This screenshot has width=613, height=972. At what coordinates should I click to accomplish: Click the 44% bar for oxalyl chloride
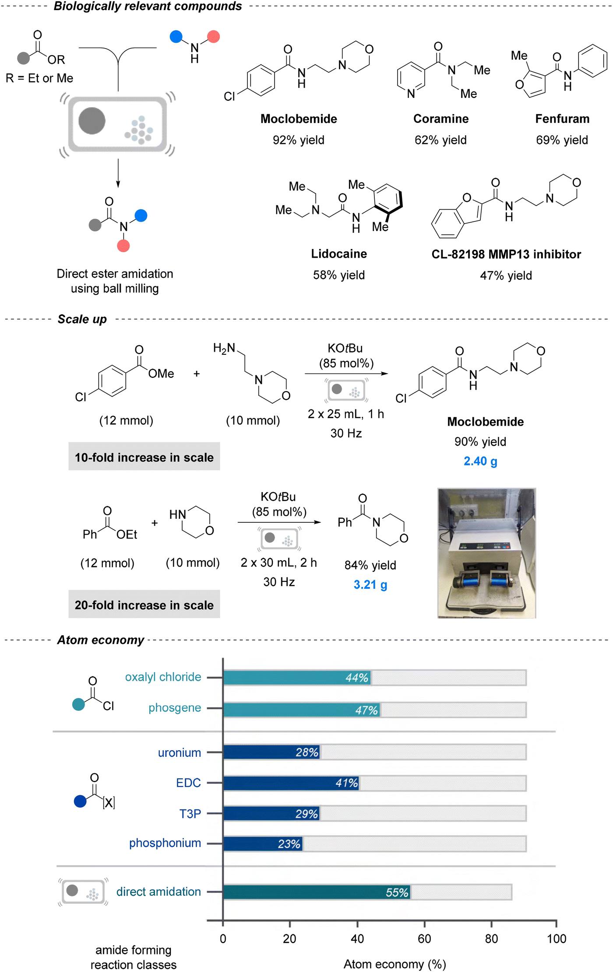coord(297,678)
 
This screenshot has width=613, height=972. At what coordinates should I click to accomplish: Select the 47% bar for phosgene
coord(302,710)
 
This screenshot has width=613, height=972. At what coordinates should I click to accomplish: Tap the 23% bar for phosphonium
coord(263,844)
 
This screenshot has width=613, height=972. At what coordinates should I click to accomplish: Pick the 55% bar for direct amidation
coord(317,892)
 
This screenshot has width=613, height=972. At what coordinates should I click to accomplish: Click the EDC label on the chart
coord(188,783)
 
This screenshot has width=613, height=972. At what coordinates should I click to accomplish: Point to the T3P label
coord(190,814)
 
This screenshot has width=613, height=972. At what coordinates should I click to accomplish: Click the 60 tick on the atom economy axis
coord(424,939)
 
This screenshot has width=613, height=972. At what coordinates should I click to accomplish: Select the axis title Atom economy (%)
coord(395,964)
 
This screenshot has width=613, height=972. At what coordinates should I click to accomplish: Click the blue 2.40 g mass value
coord(480,462)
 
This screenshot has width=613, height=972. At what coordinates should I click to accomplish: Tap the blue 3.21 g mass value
coord(370,585)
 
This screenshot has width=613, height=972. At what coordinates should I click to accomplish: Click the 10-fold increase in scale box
coord(144,456)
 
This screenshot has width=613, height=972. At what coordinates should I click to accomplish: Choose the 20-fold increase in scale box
coord(144,604)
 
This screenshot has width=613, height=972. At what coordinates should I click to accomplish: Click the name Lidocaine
coord(339,254)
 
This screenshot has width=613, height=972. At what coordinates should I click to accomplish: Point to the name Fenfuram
coord(562,119)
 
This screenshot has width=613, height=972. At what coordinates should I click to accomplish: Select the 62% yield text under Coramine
coord(440,140)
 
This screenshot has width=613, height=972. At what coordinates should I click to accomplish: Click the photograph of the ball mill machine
coord(487,553)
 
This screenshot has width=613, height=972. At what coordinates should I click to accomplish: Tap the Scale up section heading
coord(82,319)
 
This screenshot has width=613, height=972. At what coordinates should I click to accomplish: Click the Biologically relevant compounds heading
coord(148,7)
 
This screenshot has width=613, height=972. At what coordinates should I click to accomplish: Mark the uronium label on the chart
coord(180,752)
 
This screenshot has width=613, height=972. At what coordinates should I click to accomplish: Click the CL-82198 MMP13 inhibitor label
coord(506,254)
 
